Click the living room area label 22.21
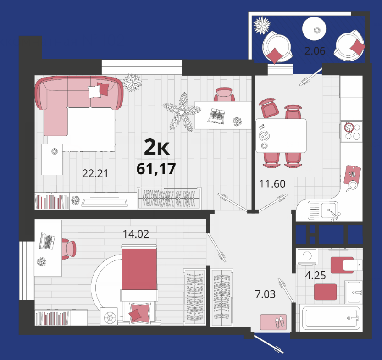(95, 173)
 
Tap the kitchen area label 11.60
(272, 183)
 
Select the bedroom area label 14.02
(136, 234)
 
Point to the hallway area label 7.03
(265, 294)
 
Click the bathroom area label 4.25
(315, 276)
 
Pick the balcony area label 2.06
(315, 50)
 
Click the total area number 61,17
(156, 169)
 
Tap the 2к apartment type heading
(157, 147)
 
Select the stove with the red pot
(352, 132)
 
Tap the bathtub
(330, 318)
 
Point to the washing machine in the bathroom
(307, 257)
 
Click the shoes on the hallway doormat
(280, 322)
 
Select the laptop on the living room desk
(216, 116)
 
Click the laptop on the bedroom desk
(47, 241)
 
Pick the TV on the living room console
(105, 202)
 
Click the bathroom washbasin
(354, 292)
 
